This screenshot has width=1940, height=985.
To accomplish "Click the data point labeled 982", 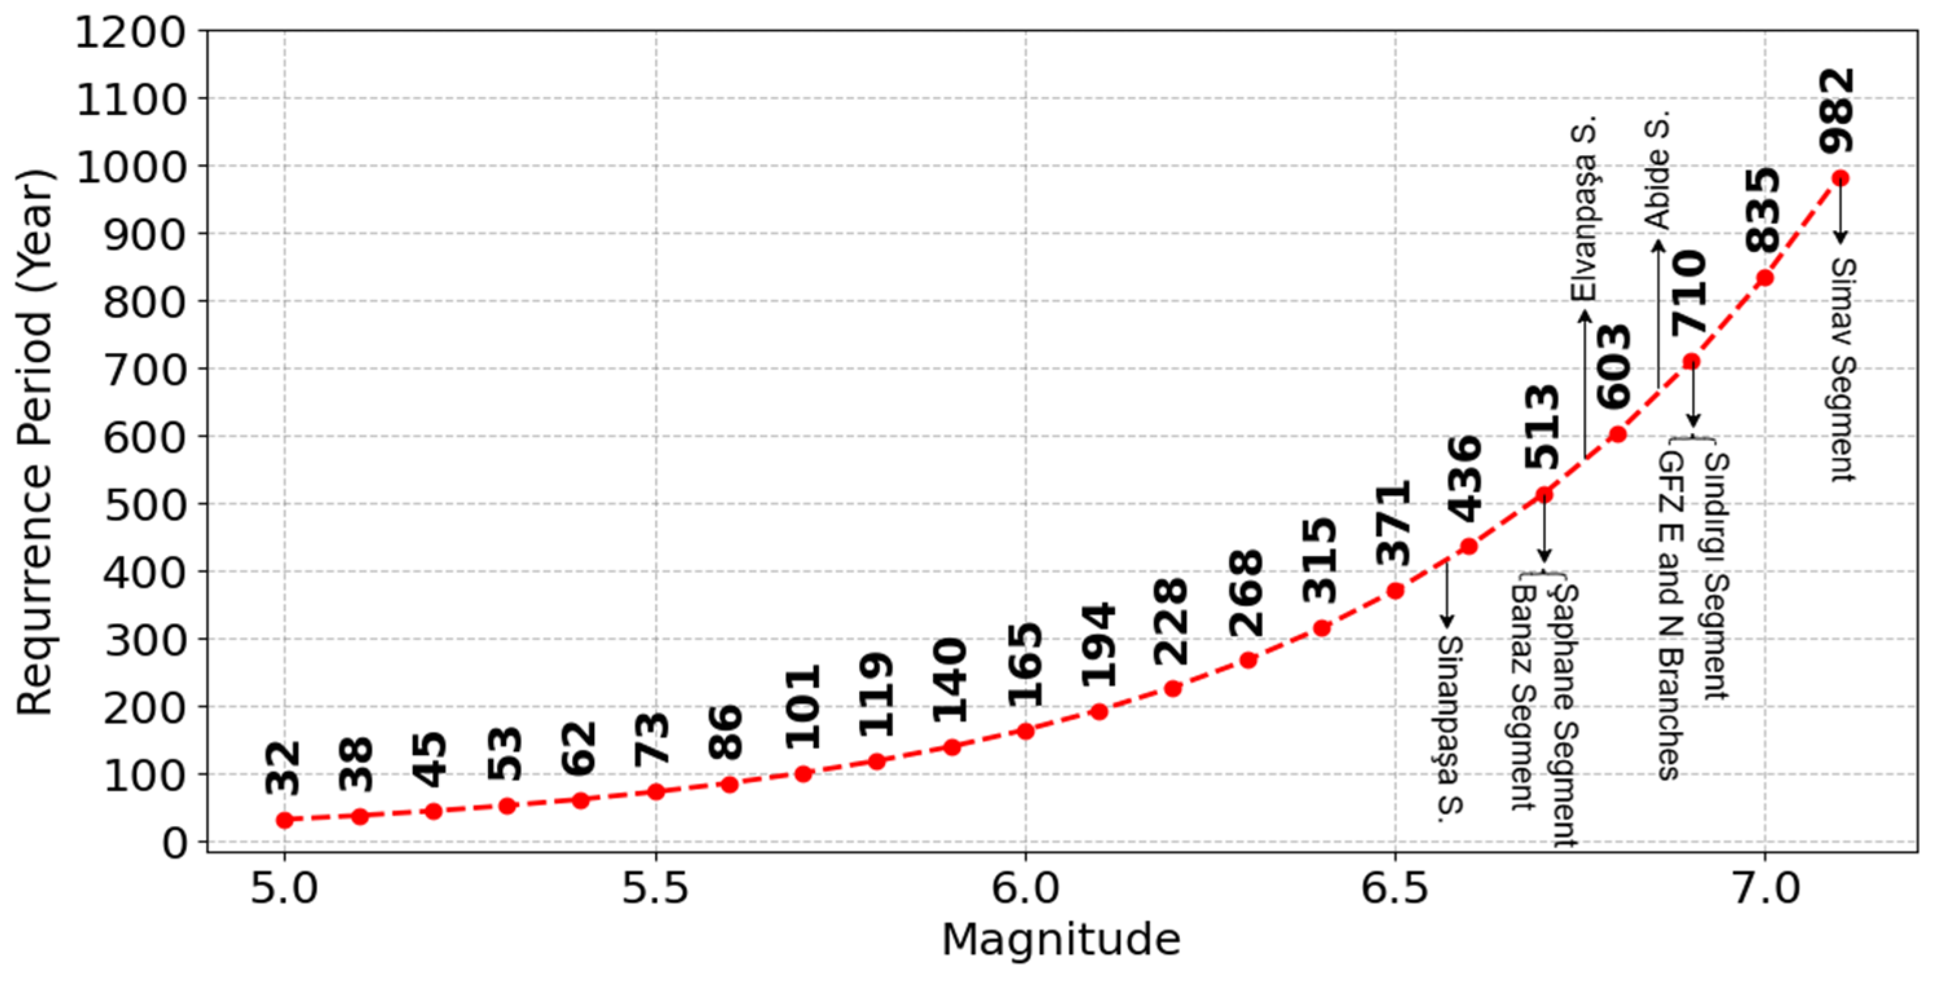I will (x=1840, y=178).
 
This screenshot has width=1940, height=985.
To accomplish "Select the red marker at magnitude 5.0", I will (x=284, y=820).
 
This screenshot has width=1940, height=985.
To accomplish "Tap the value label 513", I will (x=1541, y=427).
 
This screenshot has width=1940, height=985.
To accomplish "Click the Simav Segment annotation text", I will (x=1842, y=369).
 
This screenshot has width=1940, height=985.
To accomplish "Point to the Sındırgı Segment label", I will (x=1716, y=576).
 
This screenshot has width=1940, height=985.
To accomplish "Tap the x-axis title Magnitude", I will (x=1060, y=940).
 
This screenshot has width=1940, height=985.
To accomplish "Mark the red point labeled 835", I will (x=1765, y=279).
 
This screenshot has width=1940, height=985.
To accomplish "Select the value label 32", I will (x=283, y=767).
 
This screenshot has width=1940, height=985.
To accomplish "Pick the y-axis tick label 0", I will (x=175, y=843).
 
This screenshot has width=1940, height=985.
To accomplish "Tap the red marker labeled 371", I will (x=1395, y=591).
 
